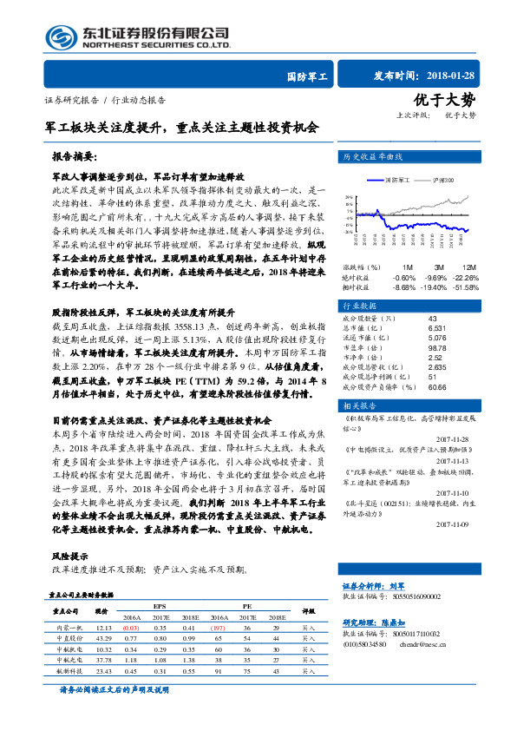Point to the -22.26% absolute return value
point(466,277)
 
